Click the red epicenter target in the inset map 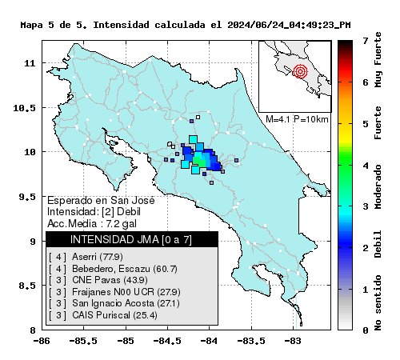(300, 71)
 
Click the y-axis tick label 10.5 (24, 108)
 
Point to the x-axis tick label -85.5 (83, 341)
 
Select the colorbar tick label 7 (365, 41)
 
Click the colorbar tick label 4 (365, 166)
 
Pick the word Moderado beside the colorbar (378, 187)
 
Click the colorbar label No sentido (378, 303)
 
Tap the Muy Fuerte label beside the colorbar (378, 60)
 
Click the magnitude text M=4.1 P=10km (297, 119)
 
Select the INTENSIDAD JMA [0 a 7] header (131, 239)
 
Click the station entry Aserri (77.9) (98, 257)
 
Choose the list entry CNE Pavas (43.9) (110, 280)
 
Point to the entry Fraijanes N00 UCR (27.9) (126, 292)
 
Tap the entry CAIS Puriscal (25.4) (114, 315)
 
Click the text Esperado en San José (101, 200)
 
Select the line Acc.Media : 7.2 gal (92, 223)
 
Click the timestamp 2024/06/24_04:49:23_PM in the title (289, 25)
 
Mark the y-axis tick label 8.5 (27, 286)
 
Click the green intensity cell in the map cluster (199, 161)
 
